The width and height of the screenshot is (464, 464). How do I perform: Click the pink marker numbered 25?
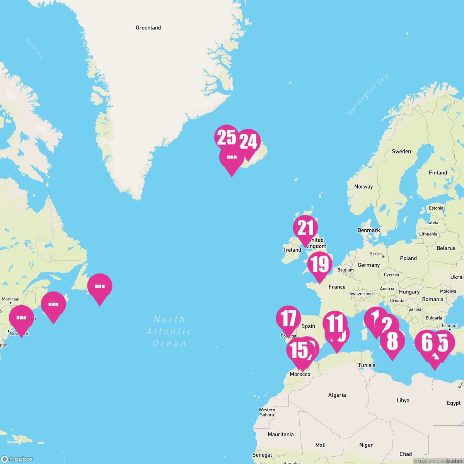pos(227,137)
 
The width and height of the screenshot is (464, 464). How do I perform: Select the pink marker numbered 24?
pos(248,142)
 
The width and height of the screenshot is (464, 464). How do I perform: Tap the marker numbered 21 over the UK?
pos(305,228)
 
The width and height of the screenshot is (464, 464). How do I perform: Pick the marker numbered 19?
pos(320,264)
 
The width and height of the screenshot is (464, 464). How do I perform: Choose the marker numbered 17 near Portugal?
pos(288,318)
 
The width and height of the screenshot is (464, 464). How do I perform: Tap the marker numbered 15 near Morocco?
pos(298,350)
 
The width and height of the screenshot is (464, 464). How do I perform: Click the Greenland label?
pos(148,28)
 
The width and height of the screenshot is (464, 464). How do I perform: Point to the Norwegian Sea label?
pos(368,95)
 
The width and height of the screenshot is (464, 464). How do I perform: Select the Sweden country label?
pos(401,152)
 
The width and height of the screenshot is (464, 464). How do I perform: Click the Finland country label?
pos(438,173)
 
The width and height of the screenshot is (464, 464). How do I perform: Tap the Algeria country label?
pos(337,395)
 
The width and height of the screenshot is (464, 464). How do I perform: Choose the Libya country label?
pos(403,401)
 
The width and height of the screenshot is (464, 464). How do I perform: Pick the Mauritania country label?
pos(280,435)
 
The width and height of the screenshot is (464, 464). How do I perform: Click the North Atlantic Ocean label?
pos(169,331)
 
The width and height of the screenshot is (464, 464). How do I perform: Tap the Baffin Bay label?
pos(35,48)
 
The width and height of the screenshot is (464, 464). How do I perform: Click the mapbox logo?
pos(17,459)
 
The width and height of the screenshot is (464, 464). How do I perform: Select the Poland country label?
pos(408,258)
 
